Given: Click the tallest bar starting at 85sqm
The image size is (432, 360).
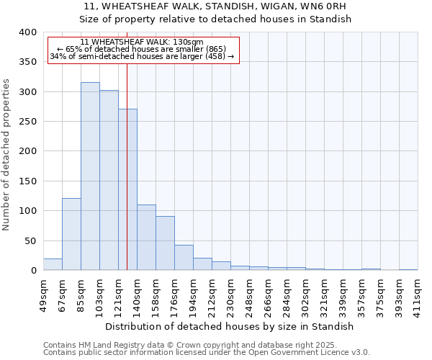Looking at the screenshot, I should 90,176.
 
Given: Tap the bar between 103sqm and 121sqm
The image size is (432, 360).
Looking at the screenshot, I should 109,180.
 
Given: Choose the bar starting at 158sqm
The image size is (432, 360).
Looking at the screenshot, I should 165,243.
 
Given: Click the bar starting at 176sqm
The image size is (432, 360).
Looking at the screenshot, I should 184,258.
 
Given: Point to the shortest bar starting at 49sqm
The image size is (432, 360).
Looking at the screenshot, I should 53,264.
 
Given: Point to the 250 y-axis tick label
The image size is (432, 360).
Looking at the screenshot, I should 27,122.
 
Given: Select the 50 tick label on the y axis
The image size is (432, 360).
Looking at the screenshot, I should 30,240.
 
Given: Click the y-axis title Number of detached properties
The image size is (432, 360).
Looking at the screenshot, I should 7,151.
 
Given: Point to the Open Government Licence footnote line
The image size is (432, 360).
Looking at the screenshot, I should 206,353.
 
